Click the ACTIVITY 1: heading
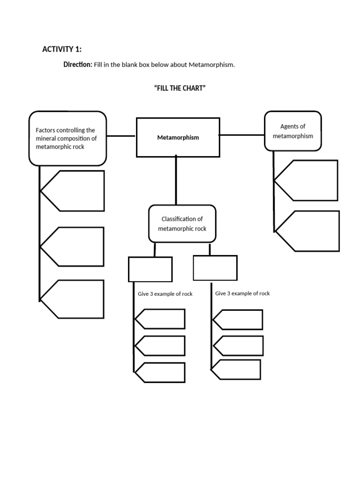[62, 49]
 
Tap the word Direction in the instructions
[78, 65]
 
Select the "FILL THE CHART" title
[180, 88]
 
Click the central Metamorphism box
[178, 137]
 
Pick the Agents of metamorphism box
[293, 131]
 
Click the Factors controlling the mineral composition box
[67, 138]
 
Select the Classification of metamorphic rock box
[182, 224]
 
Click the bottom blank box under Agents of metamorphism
[310, 231]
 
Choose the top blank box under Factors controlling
[75, 190]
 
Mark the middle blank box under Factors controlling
[75, 247]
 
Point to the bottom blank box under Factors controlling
[75, 299]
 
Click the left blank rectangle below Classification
[150, 269]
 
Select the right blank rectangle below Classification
[215, 268]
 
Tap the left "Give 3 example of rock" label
[165, 294]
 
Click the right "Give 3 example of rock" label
[242, 293]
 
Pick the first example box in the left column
[161, 319]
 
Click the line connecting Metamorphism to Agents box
[242, 135]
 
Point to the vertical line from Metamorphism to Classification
[176, 180]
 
